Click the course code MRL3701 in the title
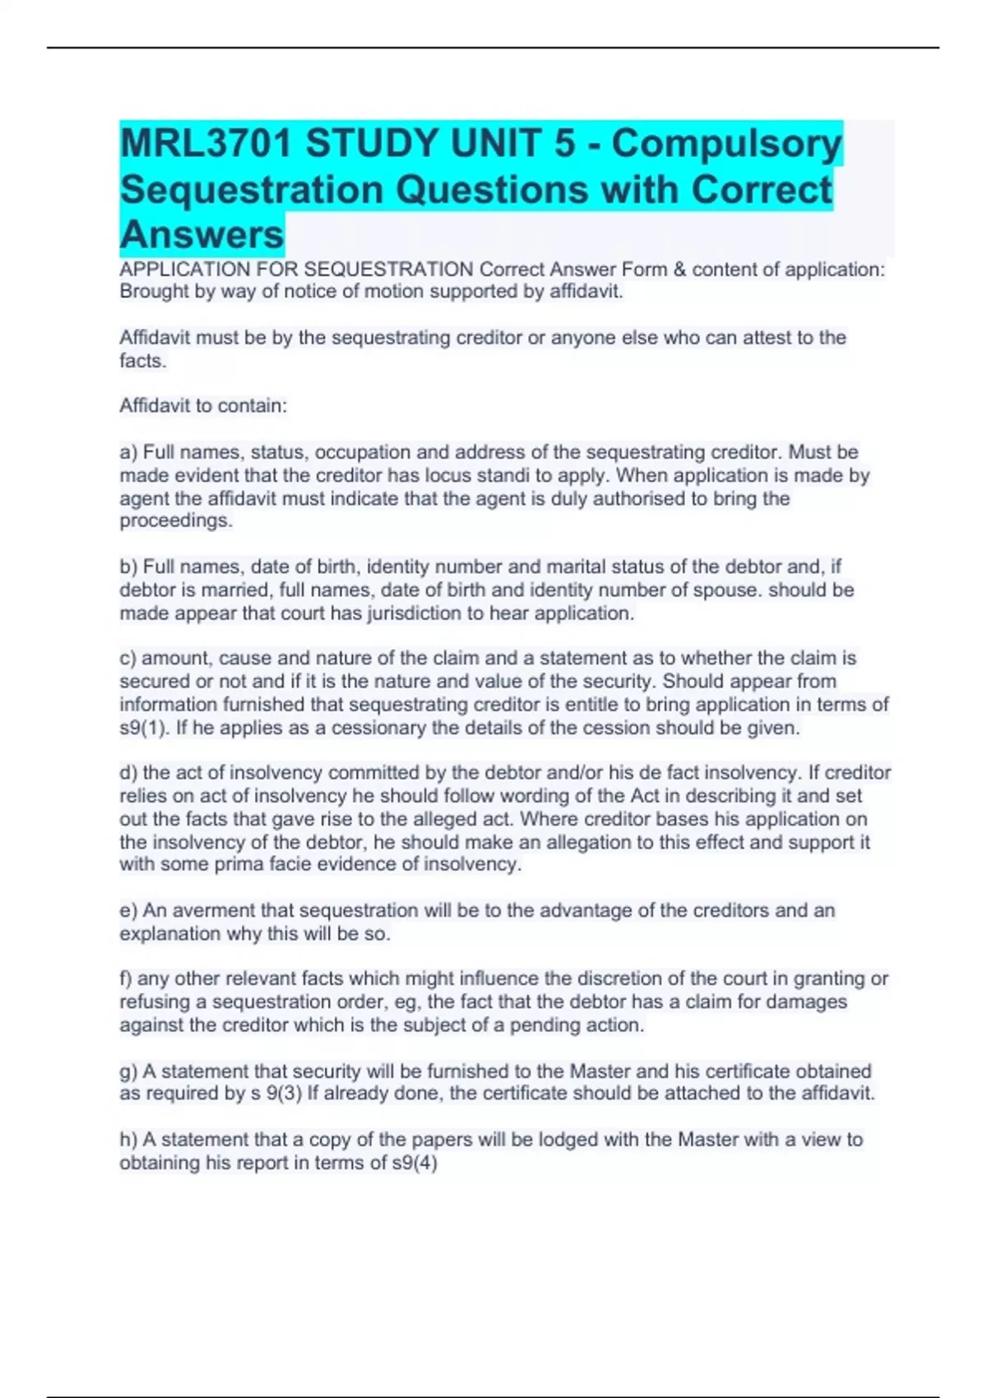pos(206,144)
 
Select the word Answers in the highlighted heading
pos(202,234)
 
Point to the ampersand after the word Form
pos(679,270)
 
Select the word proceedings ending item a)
pos(176,521)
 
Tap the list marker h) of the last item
pos(128,1141)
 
